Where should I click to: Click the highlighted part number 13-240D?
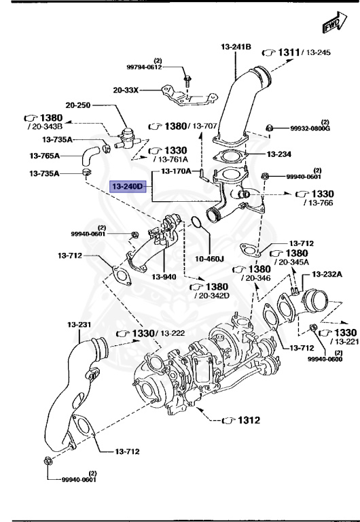(128, 186)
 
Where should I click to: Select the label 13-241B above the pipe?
(236, 46)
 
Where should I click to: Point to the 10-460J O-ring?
(194, 222)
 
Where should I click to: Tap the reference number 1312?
(247, 420)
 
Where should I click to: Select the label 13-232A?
(327, 274)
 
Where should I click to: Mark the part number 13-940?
(164, 277)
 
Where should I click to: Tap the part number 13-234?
(279, 154)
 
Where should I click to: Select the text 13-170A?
(176, 171)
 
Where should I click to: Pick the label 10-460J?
(210, 259)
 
